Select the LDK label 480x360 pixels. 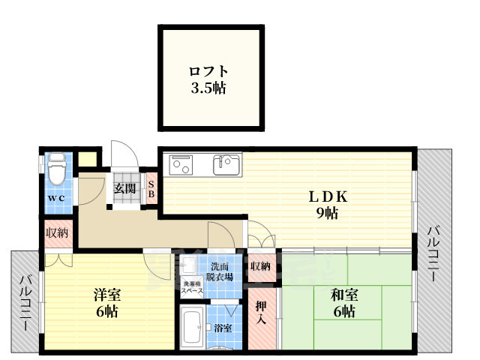[328, 197]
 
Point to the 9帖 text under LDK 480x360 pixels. [328, 214]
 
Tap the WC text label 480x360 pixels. [56, 198]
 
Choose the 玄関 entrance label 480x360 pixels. [125, 188]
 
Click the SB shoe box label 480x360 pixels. [151, 187]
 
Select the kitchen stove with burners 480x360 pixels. [182, 164]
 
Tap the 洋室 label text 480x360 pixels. [105, 293]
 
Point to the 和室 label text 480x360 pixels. [344, 295]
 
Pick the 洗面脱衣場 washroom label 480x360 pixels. [220, 271]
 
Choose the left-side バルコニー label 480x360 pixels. [25, 305]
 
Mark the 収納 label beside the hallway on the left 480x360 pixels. [58, 233]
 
